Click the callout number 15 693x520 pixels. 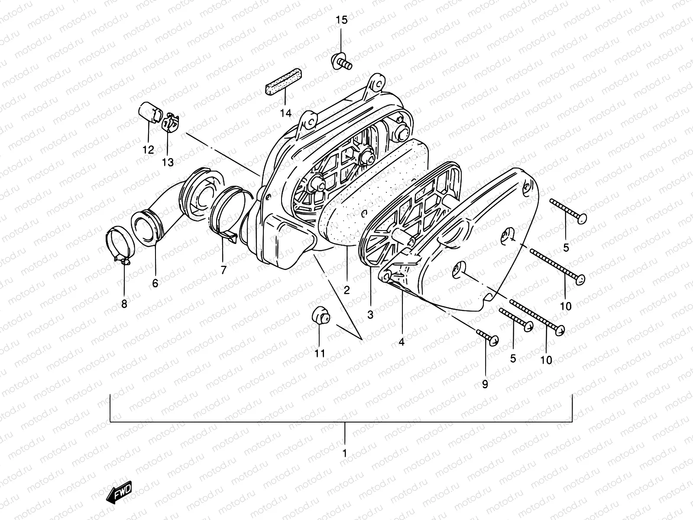pyautogui.click(x=341, y=20)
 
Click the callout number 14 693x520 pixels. pyautogui.click(x=285, y=114)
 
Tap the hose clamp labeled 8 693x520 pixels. pyautogui.click(x=119, y=245)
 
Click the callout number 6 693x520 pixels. pyautogui.click(x=155, y=283)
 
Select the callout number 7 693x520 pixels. pyautogui.click(x=223, y=270)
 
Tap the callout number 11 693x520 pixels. pyautogui.click(x=320, y=354)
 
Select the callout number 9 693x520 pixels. pyautogui.click(x=485, y=384)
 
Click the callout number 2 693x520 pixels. pyautogui.click(x=346, y=290)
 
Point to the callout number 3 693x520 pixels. pyautogui.click(x=370, y=315)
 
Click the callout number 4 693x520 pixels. pyautogui.click(x=402, y=342)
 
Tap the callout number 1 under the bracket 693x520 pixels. pyautogui.click(x=345, y=454)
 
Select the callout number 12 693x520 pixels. pyautogui.click(x=148, y=150)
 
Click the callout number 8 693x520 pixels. pyautogui.click(x=124, y=304)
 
